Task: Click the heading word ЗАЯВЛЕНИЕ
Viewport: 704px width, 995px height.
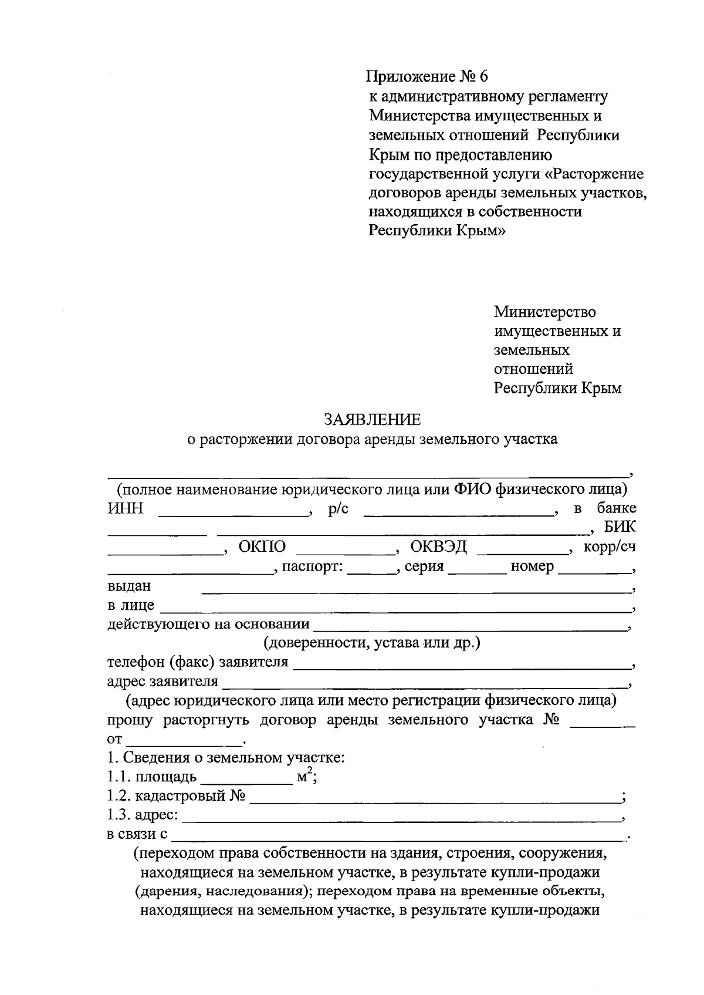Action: point(373,420)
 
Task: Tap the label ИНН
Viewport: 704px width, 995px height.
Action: point(126,508)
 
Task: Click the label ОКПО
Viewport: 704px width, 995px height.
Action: point(262,547)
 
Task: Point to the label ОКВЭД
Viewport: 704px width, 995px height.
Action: point(438,547)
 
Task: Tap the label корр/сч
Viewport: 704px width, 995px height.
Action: point(610,547)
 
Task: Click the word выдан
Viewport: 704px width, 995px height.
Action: point(129,586)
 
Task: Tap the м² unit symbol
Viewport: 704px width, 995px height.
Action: point(304,777)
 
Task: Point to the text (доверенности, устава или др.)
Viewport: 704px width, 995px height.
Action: point(372,643)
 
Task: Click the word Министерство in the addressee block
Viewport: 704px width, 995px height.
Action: point(544,312)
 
